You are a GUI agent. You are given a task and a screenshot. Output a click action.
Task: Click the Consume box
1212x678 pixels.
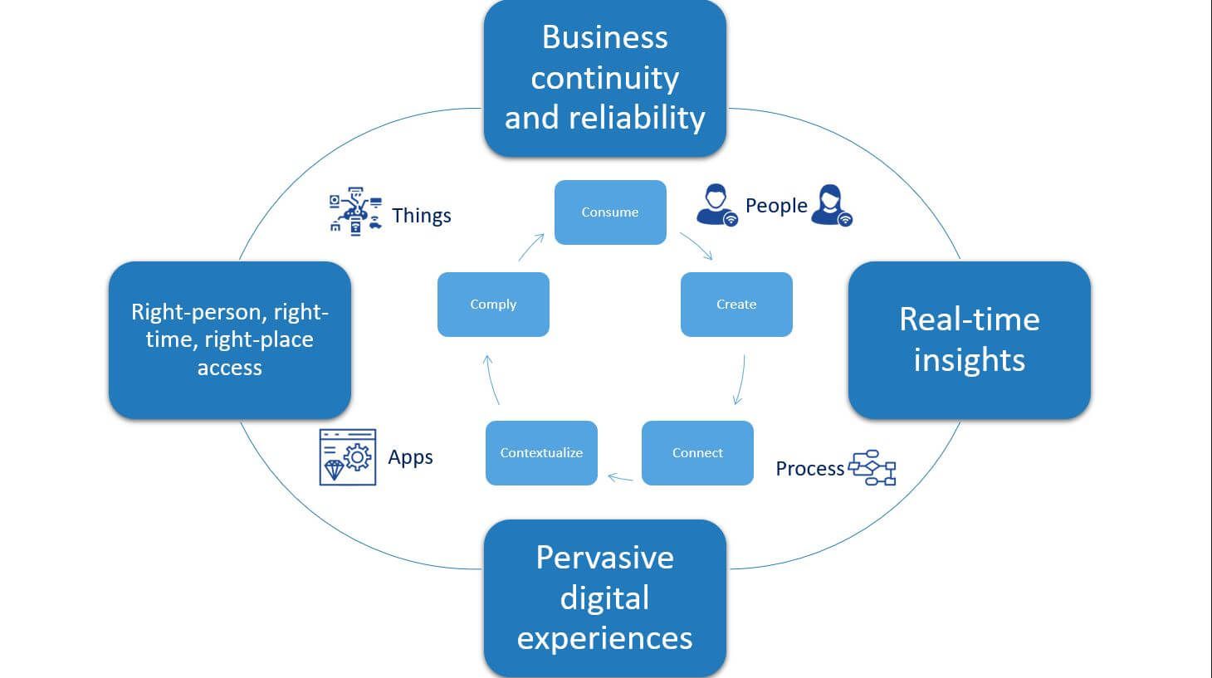click(x=610, y=212)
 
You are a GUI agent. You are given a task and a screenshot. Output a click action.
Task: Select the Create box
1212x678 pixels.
click(x=736, y=305)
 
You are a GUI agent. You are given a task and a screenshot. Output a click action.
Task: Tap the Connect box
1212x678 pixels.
click(x=697, y=453)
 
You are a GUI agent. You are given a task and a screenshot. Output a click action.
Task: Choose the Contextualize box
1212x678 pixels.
click(x=541, y=453)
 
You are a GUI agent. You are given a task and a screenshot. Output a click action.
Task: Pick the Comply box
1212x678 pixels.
click(x=493, y=305)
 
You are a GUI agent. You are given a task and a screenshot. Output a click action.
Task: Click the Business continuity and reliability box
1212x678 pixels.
click(x=604, y=78)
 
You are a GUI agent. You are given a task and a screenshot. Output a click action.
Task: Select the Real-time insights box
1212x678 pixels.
click(x=969, y=340)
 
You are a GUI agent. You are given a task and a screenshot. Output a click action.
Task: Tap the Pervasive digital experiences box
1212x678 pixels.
click(x=604, y=598)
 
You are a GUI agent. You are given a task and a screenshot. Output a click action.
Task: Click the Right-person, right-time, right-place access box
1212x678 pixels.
click(x=230, y=340)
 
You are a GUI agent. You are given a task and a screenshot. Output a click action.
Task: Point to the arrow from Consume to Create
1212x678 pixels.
click(x=696, y=246)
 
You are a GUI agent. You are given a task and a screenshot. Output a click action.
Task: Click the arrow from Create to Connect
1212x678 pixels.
click(x=740, y=380)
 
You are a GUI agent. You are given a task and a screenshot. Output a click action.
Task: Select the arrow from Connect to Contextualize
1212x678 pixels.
click(x=620, y=478)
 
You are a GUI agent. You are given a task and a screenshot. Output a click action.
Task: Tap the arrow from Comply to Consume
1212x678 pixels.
click(x=531, y=247)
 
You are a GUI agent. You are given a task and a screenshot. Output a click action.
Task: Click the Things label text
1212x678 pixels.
click(x=422, y=216)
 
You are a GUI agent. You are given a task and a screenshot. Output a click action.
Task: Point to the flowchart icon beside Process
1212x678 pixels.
click(x=872, y=468)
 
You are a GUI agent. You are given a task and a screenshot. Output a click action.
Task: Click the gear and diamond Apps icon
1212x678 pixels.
click(x=348, y=456)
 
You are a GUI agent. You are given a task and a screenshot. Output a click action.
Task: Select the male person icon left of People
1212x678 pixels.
click(x=716, y=206)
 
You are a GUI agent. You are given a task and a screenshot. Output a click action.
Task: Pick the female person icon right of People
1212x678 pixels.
click(x=831, y=206)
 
